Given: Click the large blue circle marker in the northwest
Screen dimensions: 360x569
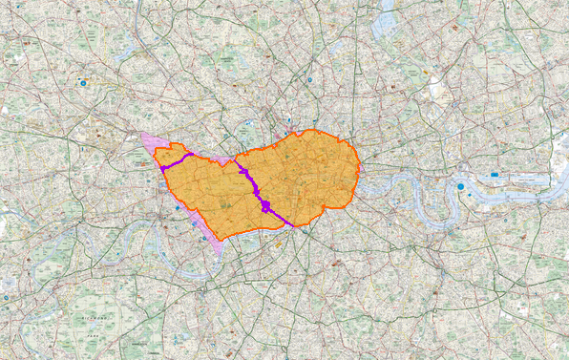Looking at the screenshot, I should point(84,84).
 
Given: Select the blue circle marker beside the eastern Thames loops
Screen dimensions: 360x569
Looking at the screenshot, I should point(460,185).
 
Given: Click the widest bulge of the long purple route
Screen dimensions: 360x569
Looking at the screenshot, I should point(264,206).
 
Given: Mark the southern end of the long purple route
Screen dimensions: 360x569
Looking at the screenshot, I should point(290,225).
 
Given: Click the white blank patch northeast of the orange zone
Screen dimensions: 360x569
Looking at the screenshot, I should point(438,90).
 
